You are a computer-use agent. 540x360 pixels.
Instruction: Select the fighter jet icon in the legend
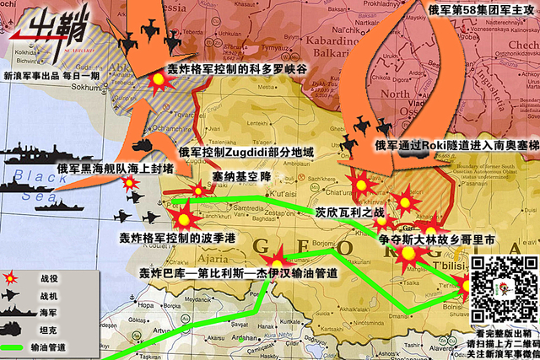click(x=12, y=295)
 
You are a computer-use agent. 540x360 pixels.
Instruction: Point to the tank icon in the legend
click(x=13, y=329)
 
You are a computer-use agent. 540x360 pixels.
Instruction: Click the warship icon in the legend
click(x=13, y=312)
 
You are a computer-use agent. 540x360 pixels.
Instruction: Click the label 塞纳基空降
click(x=241, y=176)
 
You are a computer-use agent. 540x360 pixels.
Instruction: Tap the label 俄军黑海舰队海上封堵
click(x=115, y=169)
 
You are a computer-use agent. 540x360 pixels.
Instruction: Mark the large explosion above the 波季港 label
click(x=182, y=217)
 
